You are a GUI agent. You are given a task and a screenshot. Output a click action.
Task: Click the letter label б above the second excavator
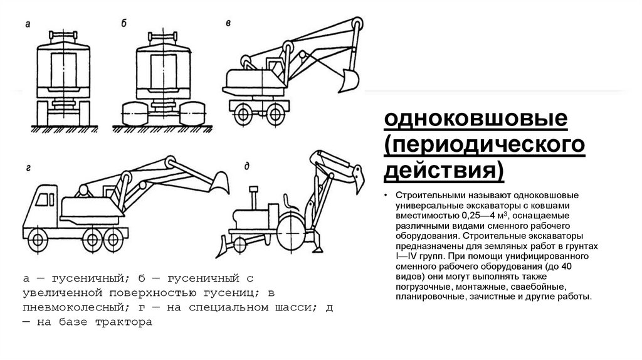tap(124, 24)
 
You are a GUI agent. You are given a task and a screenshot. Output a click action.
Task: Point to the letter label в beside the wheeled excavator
tap(228, 23)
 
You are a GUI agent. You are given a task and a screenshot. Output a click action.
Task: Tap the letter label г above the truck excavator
tap(29, 167)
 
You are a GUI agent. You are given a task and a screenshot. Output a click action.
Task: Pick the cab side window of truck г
tap(45, 199)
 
